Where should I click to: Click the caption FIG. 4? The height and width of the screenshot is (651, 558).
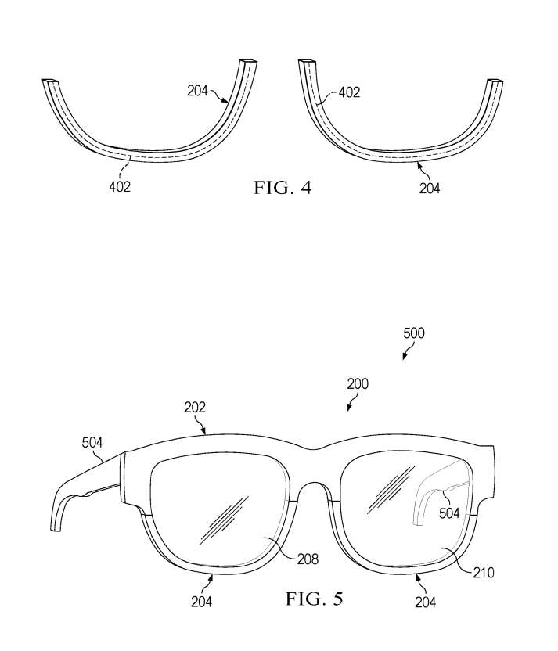282,188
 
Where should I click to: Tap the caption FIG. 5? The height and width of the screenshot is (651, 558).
314,600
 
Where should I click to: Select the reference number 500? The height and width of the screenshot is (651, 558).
413,333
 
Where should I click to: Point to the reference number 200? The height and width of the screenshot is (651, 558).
357,384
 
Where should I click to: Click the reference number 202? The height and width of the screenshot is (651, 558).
195,407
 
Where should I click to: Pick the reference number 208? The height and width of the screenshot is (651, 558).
308,559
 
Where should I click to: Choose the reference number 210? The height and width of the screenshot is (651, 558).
484,573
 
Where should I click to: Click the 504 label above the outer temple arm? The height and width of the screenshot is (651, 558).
92,443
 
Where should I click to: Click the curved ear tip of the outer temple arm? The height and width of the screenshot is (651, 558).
58,516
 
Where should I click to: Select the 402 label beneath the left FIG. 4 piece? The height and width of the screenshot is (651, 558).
120,186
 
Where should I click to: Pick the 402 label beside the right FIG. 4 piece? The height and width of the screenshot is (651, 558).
349,92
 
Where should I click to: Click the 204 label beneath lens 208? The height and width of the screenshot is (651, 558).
200,601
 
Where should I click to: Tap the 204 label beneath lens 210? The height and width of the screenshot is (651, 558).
425,602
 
